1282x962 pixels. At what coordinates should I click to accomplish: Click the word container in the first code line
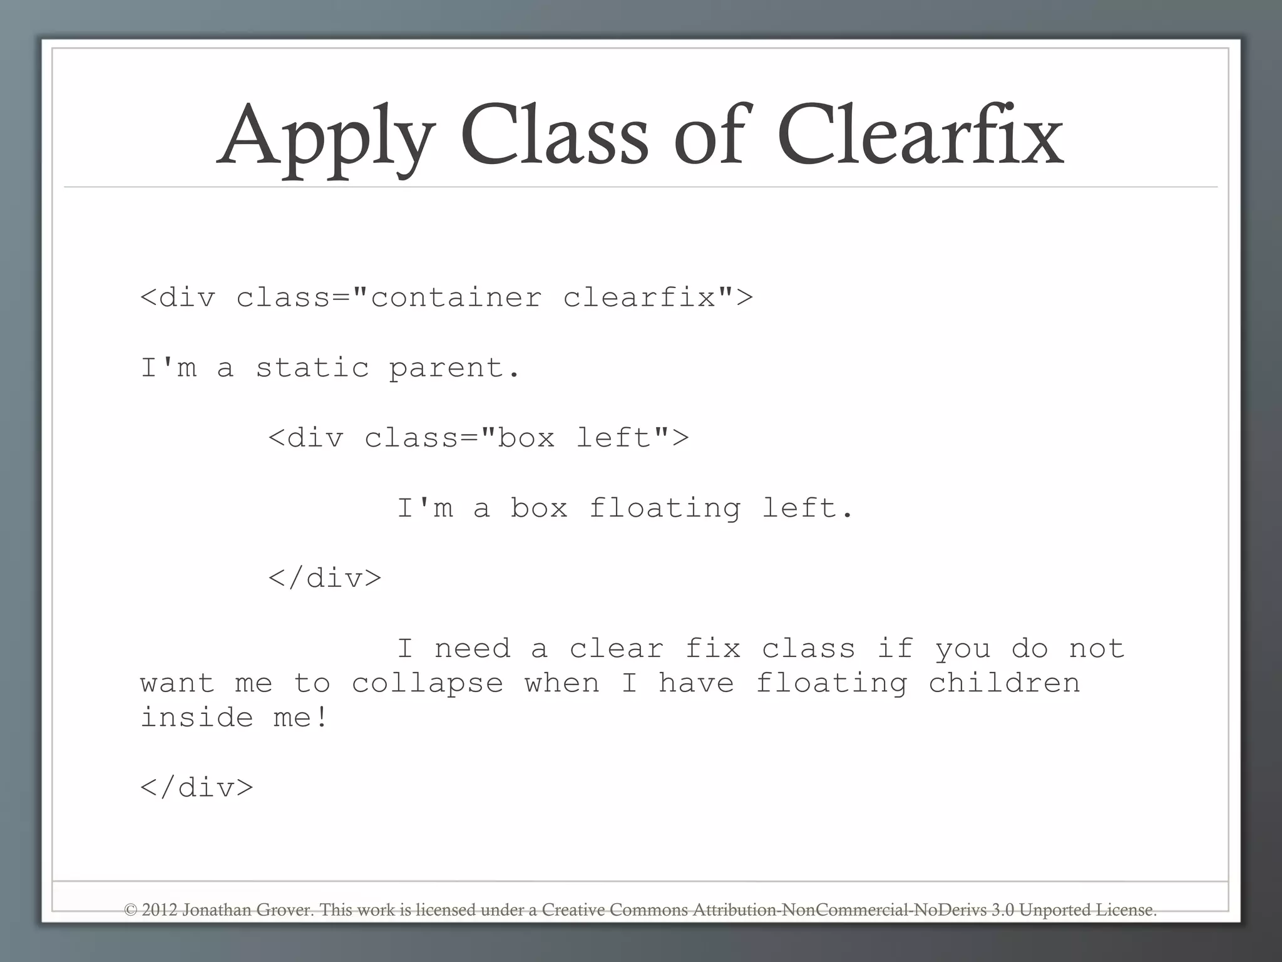[x=456, y=297]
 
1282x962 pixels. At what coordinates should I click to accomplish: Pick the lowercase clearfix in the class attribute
[x=639, y=297]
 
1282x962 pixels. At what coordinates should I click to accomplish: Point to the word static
[x=312, y=368]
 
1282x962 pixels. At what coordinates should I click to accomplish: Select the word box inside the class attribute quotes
[x=526, y=438]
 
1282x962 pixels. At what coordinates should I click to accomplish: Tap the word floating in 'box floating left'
[x=665, y=509]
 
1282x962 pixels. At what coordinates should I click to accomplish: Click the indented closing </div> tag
[x=325, y=578]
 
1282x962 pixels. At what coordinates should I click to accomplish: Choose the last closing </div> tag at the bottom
[x=197, y=788]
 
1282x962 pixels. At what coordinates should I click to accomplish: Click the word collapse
[x=427, y=684]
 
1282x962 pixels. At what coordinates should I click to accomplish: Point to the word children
[x=1004, y=683]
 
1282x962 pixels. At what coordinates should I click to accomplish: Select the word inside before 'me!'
[x=197, y=718]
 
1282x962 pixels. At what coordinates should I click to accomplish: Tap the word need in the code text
[x=472, y=649]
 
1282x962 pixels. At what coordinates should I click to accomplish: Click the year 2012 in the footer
[x=160, y=910]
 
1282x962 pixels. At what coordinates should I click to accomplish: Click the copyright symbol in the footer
[x=130, y=910]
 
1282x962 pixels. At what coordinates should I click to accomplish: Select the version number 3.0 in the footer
[x=1002, y=910]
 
